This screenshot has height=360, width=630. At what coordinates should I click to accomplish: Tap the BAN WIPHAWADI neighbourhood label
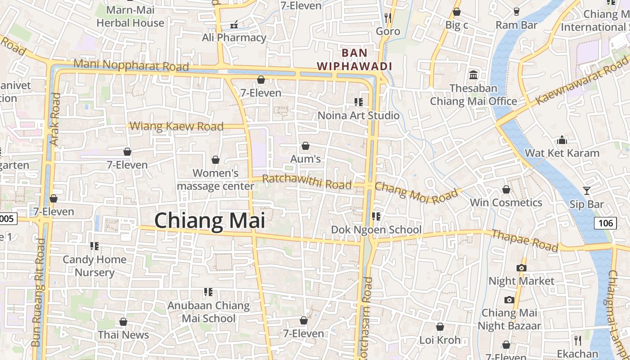(354, 59)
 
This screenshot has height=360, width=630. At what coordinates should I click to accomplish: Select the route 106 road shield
(605, 223)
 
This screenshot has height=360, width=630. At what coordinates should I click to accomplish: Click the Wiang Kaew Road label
(176, 126)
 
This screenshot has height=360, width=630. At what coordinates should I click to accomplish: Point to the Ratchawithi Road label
(306, 182)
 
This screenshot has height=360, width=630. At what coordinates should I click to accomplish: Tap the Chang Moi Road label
(416, 192)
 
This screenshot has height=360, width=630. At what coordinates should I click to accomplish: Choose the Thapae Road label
(525, 241)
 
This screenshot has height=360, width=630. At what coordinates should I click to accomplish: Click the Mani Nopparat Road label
(131, 66)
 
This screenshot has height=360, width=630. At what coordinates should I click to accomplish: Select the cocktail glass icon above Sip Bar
(586, 191)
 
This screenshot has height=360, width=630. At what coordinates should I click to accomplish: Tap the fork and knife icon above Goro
(388, 18)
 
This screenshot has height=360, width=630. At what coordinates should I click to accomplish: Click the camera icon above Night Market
(521, 268)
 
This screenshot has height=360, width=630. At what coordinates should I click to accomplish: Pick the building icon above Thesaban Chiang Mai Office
(473, 75)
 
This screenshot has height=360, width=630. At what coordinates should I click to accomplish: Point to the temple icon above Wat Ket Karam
(562, 140)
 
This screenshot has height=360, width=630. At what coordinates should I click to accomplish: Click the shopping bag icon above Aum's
(306, 146)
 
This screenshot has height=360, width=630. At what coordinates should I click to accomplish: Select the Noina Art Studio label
(359, 116)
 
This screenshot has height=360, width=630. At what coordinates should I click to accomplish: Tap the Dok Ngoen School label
(376, 230)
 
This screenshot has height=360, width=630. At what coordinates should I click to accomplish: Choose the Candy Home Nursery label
(94, 266)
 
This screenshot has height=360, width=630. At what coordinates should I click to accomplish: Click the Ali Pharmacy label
(234, 38)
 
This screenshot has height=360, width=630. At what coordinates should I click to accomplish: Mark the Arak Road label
(55, 119)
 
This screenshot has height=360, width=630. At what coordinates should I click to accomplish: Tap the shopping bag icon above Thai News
(123, 322)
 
